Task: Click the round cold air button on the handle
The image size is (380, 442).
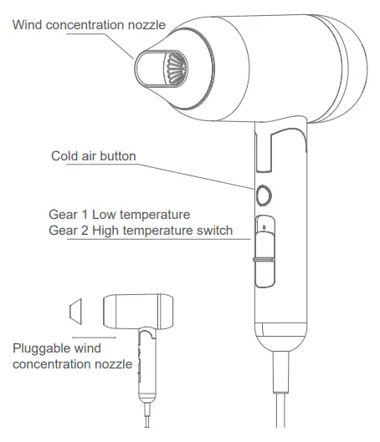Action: tap(264, 195)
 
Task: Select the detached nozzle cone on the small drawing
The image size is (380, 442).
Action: tap(75, 312)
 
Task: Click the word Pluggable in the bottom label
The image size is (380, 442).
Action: tap(41, 348)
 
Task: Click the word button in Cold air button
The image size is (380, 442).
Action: tap(116, 156)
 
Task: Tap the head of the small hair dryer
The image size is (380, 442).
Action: tap(135, 312)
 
